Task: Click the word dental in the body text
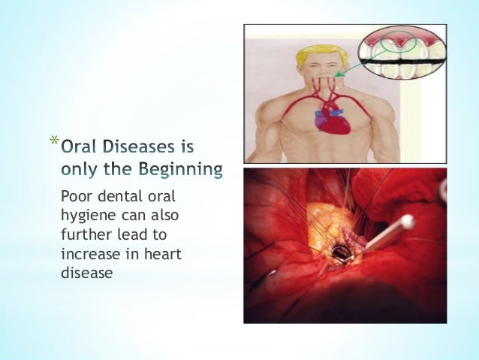(111, 196)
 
